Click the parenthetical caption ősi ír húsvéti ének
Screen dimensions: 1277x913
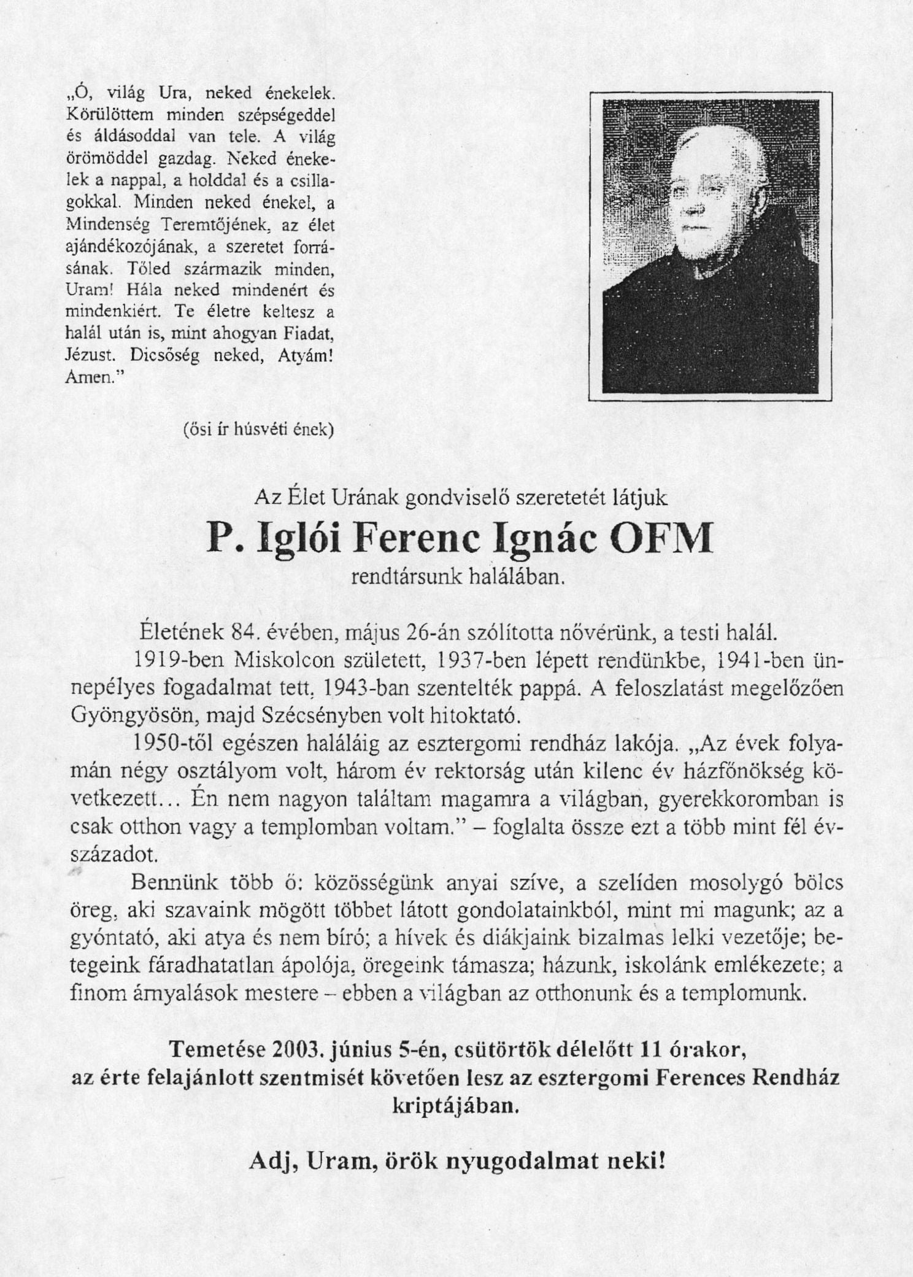258,430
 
